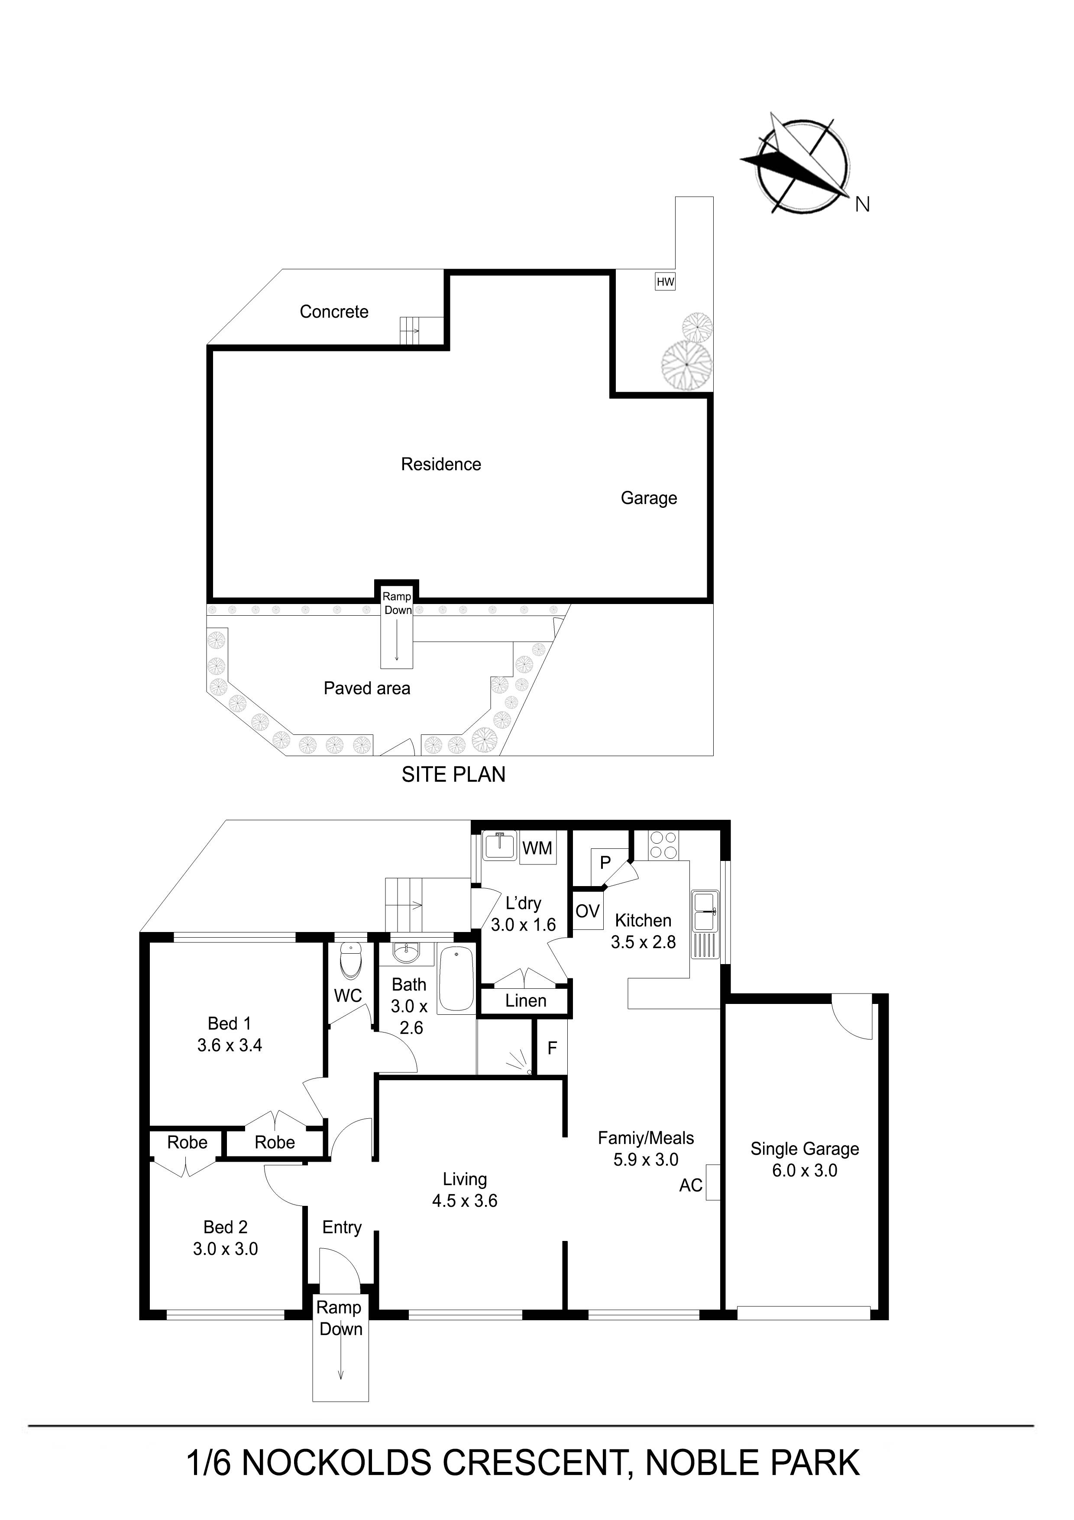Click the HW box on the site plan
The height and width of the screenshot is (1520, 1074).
(x=665, y=282)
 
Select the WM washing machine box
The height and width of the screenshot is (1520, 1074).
(x=537, y=848)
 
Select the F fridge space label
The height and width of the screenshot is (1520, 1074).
(x=552, y=1048)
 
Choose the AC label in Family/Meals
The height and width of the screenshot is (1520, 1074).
(x=691, y=1185)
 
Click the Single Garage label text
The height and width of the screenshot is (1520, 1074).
(x=805, y=1149)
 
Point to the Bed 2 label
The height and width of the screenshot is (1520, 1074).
(x=226, y=1227)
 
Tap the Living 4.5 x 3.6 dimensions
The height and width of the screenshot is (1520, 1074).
(x=465, y=1201)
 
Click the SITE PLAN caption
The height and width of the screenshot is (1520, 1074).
(x=453, y=775)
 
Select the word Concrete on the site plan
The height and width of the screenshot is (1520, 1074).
(x=334, y=312)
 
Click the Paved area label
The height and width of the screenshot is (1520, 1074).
(x=367, y=689)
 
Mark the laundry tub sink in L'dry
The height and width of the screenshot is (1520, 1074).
(x=500, y=846)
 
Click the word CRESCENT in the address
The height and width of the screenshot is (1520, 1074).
(x=534, y=1463)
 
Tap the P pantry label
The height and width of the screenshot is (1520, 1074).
(x=605, y=863)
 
